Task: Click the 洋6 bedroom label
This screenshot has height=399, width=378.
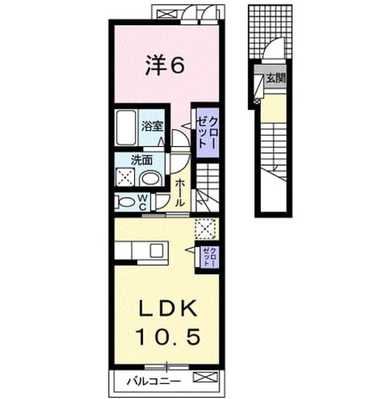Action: (165, 65)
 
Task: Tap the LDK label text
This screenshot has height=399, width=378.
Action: (168, 308)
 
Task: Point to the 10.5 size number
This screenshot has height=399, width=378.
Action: (168, 337)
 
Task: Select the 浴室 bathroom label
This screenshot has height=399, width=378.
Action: (152, 126)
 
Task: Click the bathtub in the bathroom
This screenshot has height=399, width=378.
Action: (126, 127)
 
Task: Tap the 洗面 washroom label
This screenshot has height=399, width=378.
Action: (142, 160)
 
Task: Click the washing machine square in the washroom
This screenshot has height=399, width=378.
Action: (125, 177)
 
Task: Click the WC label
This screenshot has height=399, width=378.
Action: (143, 202)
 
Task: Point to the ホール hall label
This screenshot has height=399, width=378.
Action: (180, 193)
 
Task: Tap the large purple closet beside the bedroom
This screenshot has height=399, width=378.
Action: (208, 132)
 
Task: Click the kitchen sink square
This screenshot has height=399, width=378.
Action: (157, 250)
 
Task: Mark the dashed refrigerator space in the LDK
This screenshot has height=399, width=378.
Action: (205, 229)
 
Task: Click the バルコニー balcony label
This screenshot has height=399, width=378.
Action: (154, 382)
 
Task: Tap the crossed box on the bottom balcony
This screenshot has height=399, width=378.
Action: (206, 377)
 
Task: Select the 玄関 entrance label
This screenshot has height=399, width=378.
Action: (276, 79)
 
